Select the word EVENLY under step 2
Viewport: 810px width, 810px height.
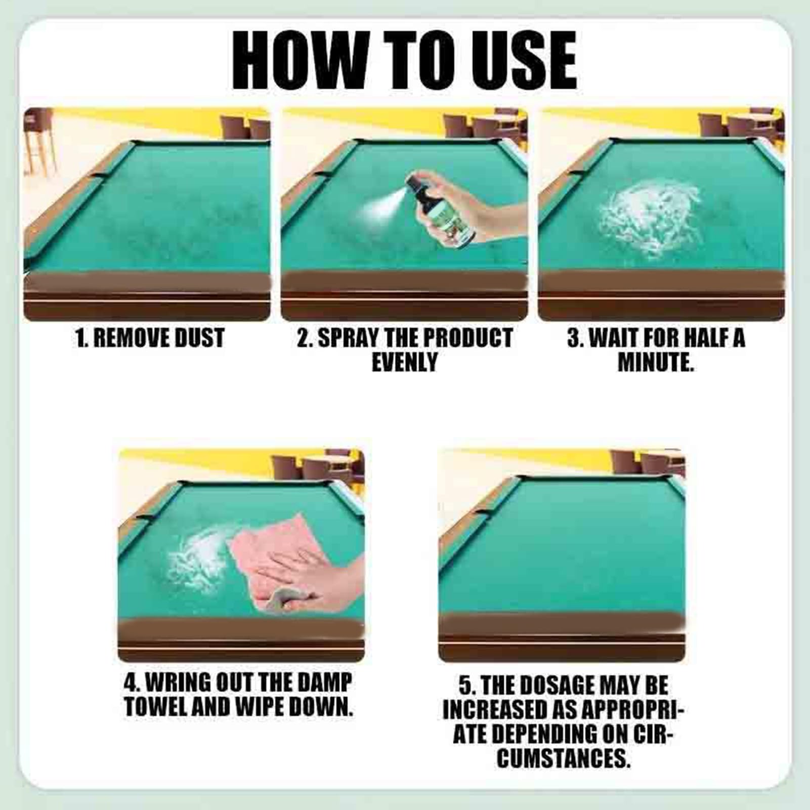pos(404,362)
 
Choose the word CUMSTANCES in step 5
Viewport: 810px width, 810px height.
pos(563,758)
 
